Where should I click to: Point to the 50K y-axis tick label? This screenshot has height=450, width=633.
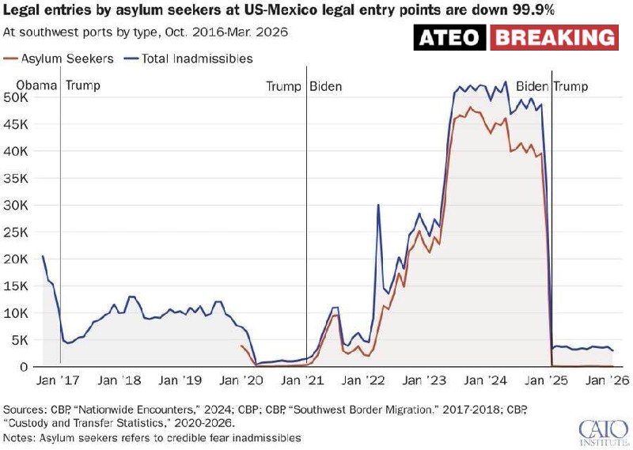point(18,97)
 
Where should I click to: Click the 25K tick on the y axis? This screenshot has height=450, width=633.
point(18,232)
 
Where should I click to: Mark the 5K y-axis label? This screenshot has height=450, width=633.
point(21,339)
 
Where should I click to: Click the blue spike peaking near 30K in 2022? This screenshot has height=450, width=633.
point(378,206)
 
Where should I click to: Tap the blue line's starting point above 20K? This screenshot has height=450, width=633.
point(43,256)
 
